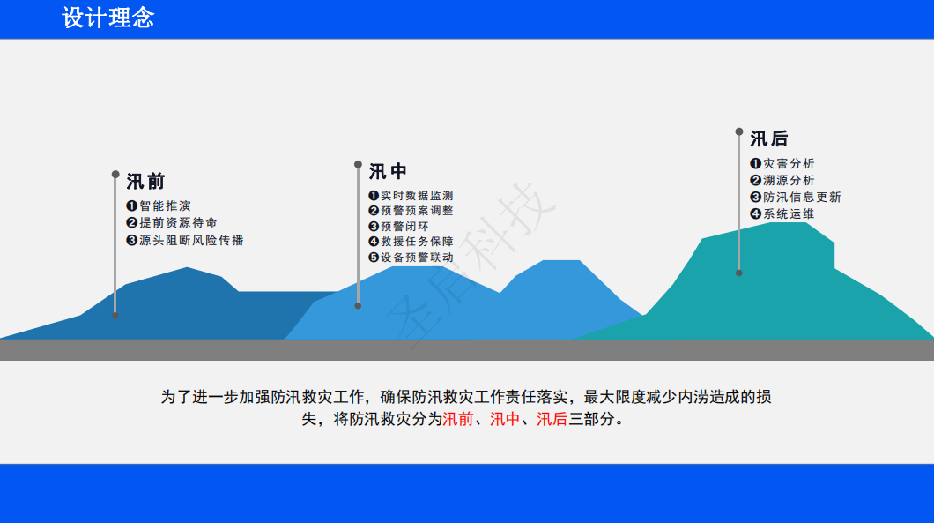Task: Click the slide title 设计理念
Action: pyautogui.click(x=107, y=18)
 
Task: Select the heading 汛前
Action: pyautogui.click(x=145, y=182)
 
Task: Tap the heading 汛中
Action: pyautogui.click(x=388, y=172)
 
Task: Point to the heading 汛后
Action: pyautogui.click(x=769, y=139)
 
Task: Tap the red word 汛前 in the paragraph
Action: pyautogui.click(x=457, y=419)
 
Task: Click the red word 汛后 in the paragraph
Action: pyautogui.click(x=552, y=419)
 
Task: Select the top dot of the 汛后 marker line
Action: pyautogui.click(x=739, y=131)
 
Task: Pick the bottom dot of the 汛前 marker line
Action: pyautogui.click(x=115, y=316)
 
